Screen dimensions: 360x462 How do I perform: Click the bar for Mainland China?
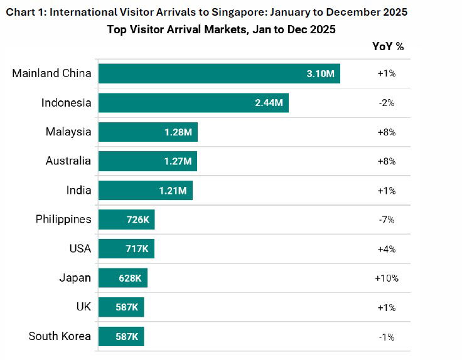coord(219,73)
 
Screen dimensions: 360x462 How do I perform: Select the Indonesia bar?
coord(193,103)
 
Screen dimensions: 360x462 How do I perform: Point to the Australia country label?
coord(68,161)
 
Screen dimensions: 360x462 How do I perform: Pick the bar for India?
coord(146,191)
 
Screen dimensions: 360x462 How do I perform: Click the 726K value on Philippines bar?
coord(136,220)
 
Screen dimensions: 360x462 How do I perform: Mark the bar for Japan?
coord(123,278)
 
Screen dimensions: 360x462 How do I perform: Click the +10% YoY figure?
coord(387,278)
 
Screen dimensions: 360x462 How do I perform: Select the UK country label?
coord(83,307)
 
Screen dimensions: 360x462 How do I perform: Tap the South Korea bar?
coord(121,337)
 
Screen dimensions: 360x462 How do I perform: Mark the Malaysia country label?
coord(68,132)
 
